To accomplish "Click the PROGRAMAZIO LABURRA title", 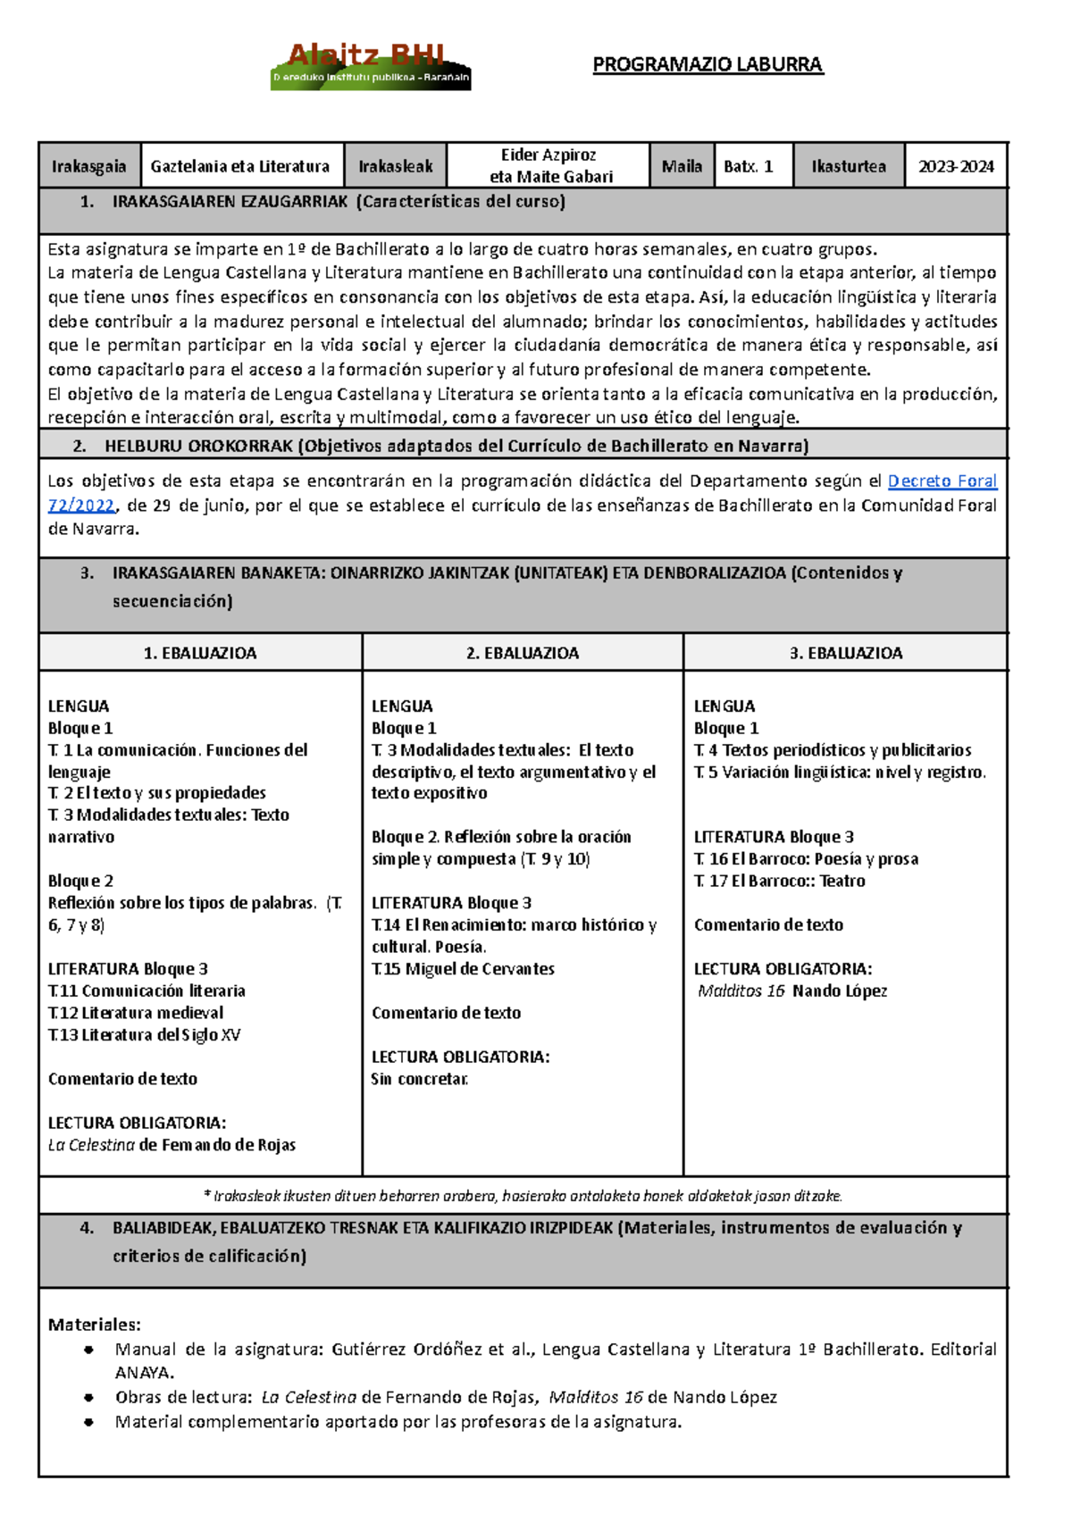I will (708, 65).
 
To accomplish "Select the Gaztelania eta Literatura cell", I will (241, 166).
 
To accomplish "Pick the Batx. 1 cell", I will (752, 166).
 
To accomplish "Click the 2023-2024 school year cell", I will (956, 166).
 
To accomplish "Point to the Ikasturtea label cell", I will (849, 166).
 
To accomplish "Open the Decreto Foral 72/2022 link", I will (942, 481).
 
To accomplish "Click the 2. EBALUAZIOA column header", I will (523, 653).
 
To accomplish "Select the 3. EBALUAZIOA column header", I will (845, 653).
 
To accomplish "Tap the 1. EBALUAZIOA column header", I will (200, 653).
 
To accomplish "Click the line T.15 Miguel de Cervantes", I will (463, 969).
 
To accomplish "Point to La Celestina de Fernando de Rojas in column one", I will (172, 1145).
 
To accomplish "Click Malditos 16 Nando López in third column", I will (791, 991).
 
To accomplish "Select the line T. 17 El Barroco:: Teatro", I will (779, 882).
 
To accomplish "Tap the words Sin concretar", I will (419, 1079).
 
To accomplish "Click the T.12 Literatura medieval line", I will (136, 1013).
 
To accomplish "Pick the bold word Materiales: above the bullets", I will (94, 1325).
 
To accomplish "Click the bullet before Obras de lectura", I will (88, 1398).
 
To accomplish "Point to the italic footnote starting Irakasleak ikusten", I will (523, 1196).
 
